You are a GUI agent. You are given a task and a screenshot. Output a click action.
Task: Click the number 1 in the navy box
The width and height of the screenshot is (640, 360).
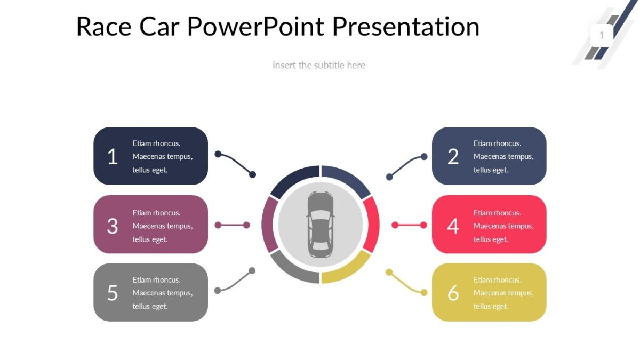(x=112, y=157)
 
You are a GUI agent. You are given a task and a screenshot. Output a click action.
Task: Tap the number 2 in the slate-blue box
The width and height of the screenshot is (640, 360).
(x=453, y=157)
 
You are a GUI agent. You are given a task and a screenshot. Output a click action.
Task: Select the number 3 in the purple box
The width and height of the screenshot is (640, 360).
(x=112, y=226)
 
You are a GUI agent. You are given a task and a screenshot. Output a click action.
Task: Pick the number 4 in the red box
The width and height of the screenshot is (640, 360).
(x=453, y=226)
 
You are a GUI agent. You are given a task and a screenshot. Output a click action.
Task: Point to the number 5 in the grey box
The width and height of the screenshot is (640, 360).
(x=112, y=293)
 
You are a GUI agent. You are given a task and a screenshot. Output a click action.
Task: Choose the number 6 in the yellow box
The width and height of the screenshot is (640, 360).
(x=453, y=293)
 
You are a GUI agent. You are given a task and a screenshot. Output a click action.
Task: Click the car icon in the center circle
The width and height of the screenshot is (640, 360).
(x=321, y=224)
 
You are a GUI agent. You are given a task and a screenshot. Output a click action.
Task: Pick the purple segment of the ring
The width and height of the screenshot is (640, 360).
(x=268, y=225)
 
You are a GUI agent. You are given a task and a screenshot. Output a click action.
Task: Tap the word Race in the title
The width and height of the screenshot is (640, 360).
(x=103, y=27)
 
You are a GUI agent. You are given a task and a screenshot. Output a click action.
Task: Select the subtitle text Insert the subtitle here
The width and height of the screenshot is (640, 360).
(x=319, y=65)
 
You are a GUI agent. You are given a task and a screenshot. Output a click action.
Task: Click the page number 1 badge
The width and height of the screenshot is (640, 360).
(x=602, y=35)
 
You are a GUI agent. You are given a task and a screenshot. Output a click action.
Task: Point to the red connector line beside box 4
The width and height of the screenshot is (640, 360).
(x=409, y=225)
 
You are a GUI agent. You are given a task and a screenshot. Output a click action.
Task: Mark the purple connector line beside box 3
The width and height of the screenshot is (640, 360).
(x=232, y=225)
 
